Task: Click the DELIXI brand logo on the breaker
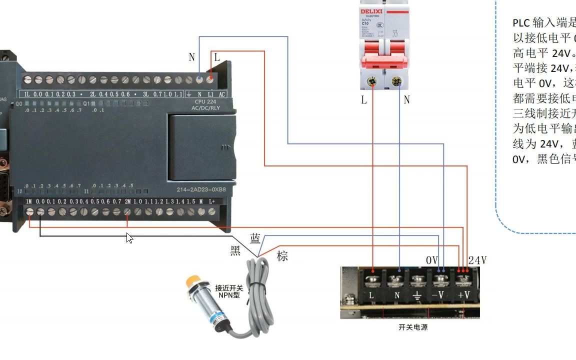[371, 11]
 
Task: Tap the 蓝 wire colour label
[255, 239]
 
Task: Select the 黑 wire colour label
[235, 251]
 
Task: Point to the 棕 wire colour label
[282, 256]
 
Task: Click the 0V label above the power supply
[432, 260]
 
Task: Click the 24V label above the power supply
[477, 260]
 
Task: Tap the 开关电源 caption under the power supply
[413, 327]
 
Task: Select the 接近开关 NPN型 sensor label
[229, 291]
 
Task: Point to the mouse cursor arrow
[129, 237]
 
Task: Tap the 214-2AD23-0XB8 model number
[201, 190]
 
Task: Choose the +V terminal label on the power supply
[464, 295]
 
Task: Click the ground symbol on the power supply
[417, 295]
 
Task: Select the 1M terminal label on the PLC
[29, 201]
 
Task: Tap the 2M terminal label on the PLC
[127, 201]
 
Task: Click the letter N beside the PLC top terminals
[191, 57]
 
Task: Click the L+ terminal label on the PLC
[211, 201]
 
